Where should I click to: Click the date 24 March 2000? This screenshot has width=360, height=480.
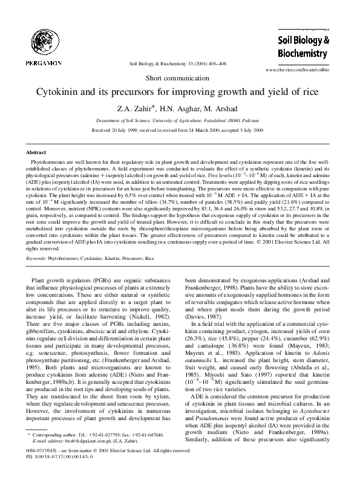click(201, 129)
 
